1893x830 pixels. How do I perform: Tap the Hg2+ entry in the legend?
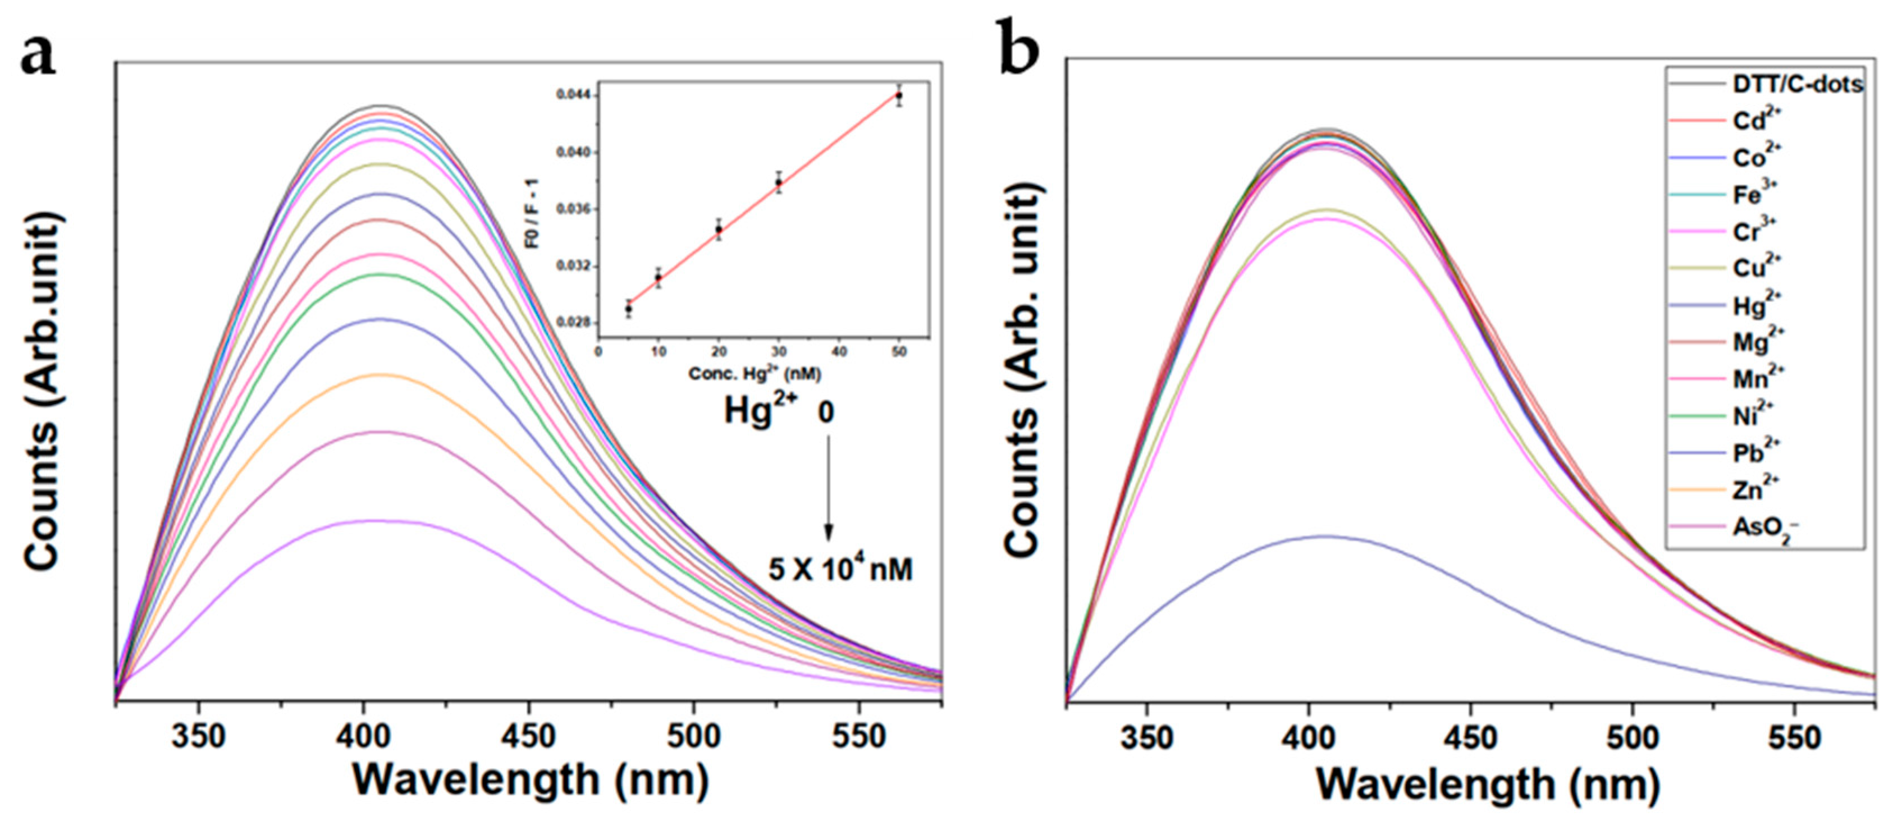(x=1757, y=305)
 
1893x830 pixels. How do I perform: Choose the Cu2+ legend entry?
(x=1757, y=268)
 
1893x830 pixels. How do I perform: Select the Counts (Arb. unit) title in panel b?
(x=1023, y=371)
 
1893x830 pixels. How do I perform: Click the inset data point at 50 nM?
(x=899, y=95)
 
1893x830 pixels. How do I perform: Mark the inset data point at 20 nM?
(x=719, y=229)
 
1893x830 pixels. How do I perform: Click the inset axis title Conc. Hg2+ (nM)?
(x=754, y=374)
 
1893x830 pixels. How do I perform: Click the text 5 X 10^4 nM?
(x=840, y=569)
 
